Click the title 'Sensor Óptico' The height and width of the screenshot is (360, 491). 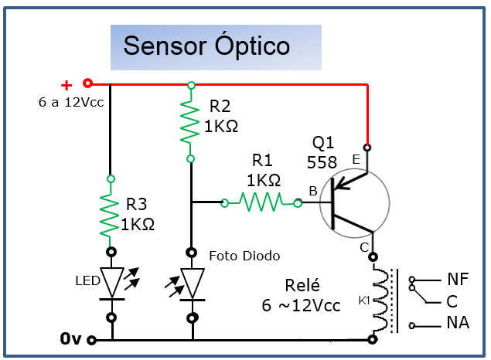(x=206, y=46)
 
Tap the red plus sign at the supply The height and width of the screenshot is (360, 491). (x=66, y=85)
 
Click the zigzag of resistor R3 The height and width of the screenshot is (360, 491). (x=111, y=216)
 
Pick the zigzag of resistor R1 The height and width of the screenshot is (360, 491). (x=261, y=203)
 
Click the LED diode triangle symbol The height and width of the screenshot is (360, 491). (x=112, y=283)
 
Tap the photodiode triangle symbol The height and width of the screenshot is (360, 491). (x=191, y=283)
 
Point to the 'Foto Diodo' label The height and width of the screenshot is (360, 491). (x=244, y=256)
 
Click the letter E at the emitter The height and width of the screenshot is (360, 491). (x=356, y=159)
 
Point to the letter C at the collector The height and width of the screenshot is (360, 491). (x=363, y=247)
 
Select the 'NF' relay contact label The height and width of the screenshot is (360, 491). (x=457, y=279)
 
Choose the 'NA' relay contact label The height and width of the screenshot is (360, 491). (x=457, y=323)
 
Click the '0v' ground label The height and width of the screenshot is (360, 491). (x=70, y=338)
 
